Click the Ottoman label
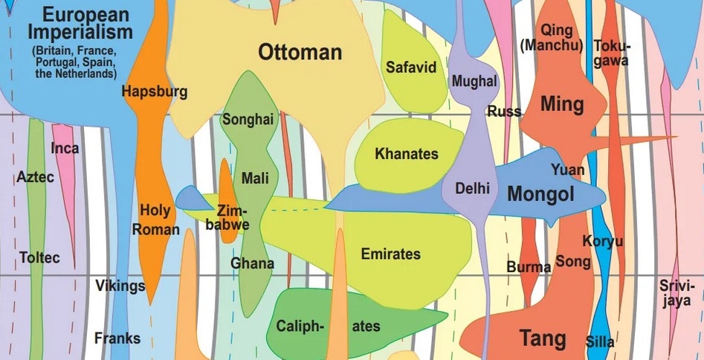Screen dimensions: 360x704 click(300, 52)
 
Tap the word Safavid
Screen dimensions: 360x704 click(410, 68)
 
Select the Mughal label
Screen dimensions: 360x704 click(474, 81)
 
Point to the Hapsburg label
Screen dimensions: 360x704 click(155, 92)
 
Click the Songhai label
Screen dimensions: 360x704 click(248, 119)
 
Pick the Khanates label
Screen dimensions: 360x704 click(407, 155)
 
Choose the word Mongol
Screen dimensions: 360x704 click(541, 195)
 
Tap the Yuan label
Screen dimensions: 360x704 click(567, 170)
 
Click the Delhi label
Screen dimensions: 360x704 click(472, 188)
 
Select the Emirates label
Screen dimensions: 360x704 click(390, 254)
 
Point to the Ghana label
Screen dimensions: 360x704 click(252, 263)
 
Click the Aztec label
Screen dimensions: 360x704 click(35, 178)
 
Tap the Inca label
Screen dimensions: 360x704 click(65, 148)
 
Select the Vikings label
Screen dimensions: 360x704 click(120, 286)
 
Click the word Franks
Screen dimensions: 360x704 click(117, 338)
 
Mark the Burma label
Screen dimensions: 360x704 click(529, 266)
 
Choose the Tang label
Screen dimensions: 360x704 click(542, 338)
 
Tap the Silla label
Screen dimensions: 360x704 click(600, 342)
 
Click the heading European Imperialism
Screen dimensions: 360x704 click(80, 23)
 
